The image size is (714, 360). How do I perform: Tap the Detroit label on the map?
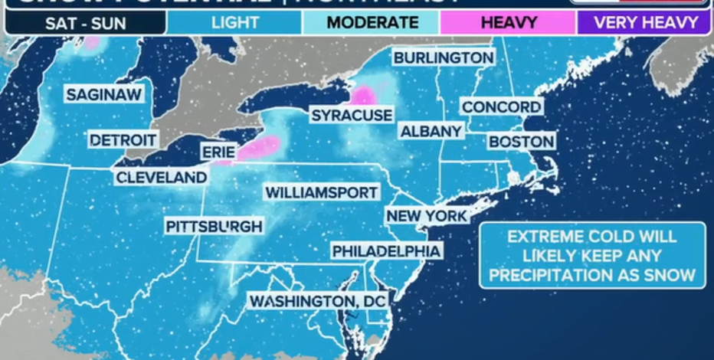point(123,140)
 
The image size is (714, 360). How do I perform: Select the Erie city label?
point(218,152)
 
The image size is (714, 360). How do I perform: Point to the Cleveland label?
point(162,178)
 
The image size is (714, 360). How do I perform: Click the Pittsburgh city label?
point(215,226)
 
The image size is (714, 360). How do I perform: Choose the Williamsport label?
point(322,192)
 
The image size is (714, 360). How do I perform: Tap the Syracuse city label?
point(352,116)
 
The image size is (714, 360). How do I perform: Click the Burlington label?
point(443,57)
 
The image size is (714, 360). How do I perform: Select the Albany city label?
point(431,131)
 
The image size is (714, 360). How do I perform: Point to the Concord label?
point(502,106)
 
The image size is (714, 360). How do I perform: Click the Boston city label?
point(521,142)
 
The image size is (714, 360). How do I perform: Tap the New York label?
point(427,216)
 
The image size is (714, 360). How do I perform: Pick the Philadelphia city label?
point(386,251)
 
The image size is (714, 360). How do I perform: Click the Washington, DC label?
point(317,301)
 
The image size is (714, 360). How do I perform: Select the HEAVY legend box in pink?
point(508,22)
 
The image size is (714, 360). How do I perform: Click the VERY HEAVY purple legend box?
point(646,22)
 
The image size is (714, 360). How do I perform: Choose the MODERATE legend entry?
point(372,22)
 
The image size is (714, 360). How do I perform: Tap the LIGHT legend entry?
point(235,22)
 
